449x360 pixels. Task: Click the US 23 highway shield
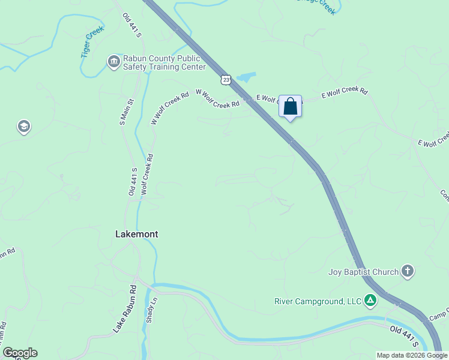[225, 79]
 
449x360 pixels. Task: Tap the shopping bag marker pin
[291, 106]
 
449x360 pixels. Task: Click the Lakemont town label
[136, 234]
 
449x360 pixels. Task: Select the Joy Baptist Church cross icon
[408, 271]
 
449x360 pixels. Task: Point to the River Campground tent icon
[371, 300]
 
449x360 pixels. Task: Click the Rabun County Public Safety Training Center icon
[113, 62]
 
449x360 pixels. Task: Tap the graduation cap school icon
[24, 127]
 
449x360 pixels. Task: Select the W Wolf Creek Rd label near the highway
[218, 99]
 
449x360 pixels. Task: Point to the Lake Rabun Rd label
[125, 309]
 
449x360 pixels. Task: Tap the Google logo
[20, 353]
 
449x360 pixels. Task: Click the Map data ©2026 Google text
[412, 355]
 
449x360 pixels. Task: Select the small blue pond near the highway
[246, 77]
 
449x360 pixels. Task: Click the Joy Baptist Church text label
[364, 272]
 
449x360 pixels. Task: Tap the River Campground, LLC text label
[318, 301]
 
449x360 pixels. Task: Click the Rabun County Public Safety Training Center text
[164, 62]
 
